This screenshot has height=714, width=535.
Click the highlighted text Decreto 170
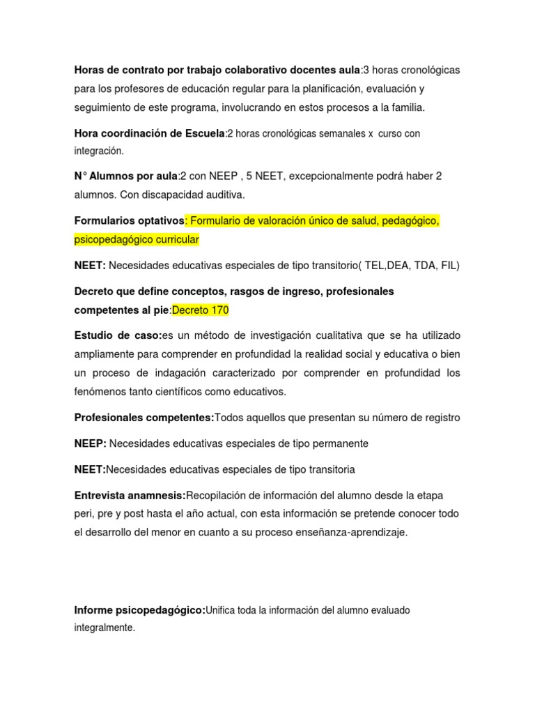tap(200, 310)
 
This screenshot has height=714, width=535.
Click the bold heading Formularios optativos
tap(129, 221)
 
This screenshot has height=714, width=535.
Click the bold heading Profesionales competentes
tap(144, 418)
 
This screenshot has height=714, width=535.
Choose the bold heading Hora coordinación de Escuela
tap(150, 133)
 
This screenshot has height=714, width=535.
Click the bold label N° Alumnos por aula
tap(126, 177)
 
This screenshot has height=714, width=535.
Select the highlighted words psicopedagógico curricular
tap(137, 240)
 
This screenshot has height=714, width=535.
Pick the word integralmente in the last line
tap(104, 628)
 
